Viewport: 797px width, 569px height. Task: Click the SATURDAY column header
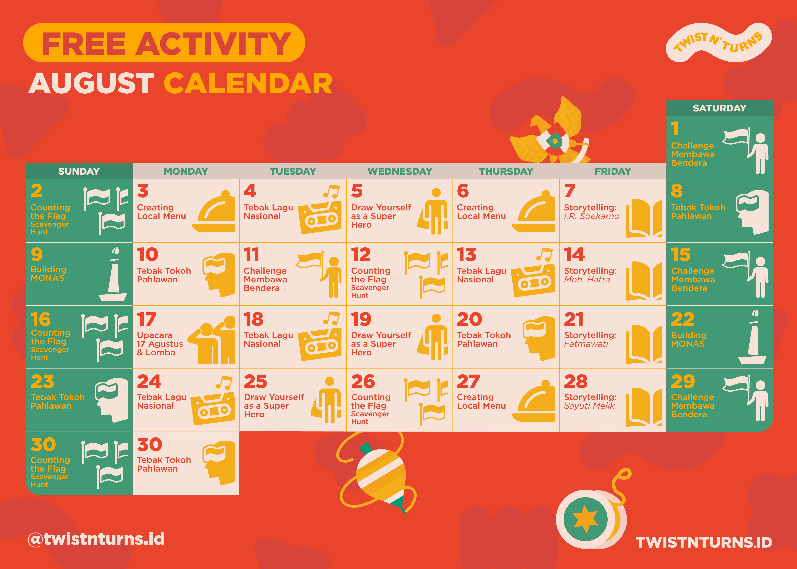720,108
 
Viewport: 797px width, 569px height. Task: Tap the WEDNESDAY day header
400,171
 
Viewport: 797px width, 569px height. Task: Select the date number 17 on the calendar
146,319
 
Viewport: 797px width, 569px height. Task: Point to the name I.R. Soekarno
592,216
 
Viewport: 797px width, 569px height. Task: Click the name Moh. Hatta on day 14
587,280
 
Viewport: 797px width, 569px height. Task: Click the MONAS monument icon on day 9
113,274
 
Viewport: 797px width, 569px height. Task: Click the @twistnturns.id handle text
96,539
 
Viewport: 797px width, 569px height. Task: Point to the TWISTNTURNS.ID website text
704,542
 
